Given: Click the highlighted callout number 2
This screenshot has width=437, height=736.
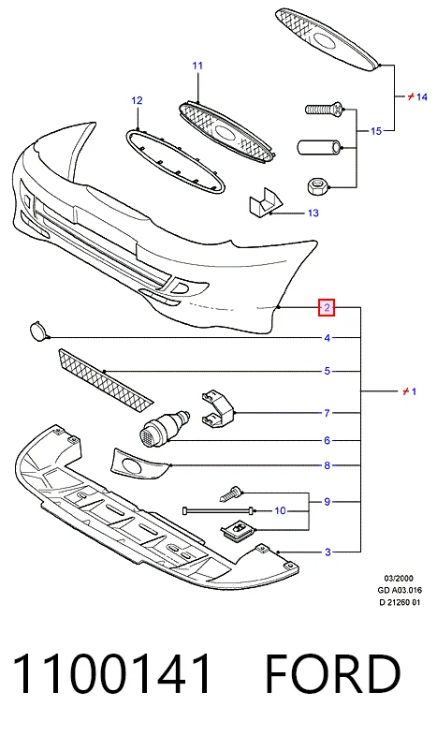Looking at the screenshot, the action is coord(327,308).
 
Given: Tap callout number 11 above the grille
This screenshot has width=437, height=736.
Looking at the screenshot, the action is coord(197,66).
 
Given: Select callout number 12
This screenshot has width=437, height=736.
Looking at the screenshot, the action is coord(137,100).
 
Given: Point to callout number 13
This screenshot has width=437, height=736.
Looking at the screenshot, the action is coord(313,213).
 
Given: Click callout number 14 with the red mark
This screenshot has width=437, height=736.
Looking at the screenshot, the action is coord(417,96).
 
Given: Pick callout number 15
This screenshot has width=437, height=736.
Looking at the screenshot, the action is coord(376,131).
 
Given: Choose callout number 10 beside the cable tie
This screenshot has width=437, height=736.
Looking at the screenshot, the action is coord(280,510).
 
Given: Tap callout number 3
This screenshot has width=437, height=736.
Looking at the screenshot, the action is coord(328,552).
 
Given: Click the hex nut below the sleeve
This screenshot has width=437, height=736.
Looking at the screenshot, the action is coord(317,186).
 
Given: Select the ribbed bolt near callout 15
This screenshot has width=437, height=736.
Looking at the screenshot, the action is coord(325,110).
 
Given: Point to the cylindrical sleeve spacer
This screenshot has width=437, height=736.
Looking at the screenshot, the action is coord(320,147).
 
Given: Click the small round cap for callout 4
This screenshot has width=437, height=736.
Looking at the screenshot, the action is coord(38,331).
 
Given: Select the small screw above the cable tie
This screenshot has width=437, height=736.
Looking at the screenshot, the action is coord(231,494).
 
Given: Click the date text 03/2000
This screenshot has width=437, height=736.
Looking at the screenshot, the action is coord(399,579).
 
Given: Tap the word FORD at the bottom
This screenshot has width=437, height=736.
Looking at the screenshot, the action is coord(333,674).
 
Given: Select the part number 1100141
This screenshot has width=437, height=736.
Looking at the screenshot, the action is coord(111,674).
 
